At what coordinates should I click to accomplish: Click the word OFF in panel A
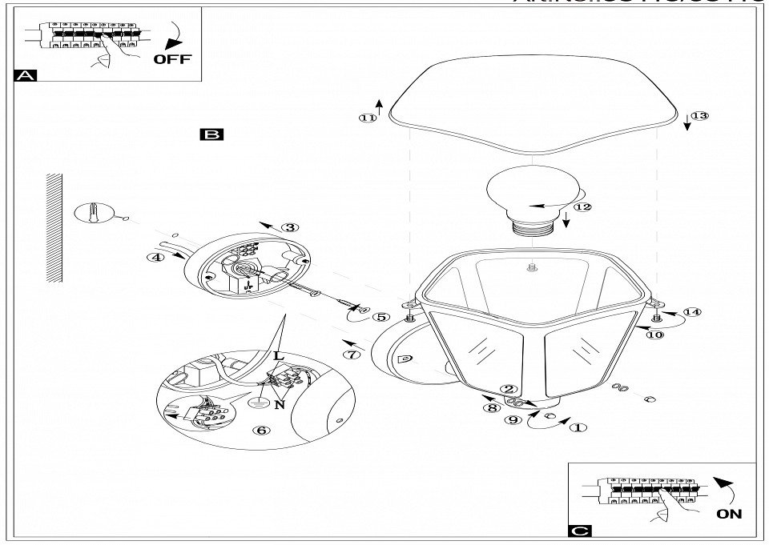[x=173, y=59]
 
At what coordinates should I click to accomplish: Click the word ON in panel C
[x=729, y=514]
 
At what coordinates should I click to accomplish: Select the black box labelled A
[x=26, y=76]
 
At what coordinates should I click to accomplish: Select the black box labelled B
[x=212, y=134]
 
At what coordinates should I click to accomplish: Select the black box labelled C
[x=579, y=531]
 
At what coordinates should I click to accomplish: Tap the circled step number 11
[x=368, y=118]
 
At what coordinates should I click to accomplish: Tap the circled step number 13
[x=699, y=116]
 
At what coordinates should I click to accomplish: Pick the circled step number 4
[x=155, y=257]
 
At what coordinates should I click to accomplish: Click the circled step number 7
[x=349, y=354]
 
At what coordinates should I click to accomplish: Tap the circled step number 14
[x=691, y=311]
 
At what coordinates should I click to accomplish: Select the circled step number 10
[x=655, y=335]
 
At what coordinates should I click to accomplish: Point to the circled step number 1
[x=578, y=427]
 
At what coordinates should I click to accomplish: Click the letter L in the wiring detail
[x=278, y=355]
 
